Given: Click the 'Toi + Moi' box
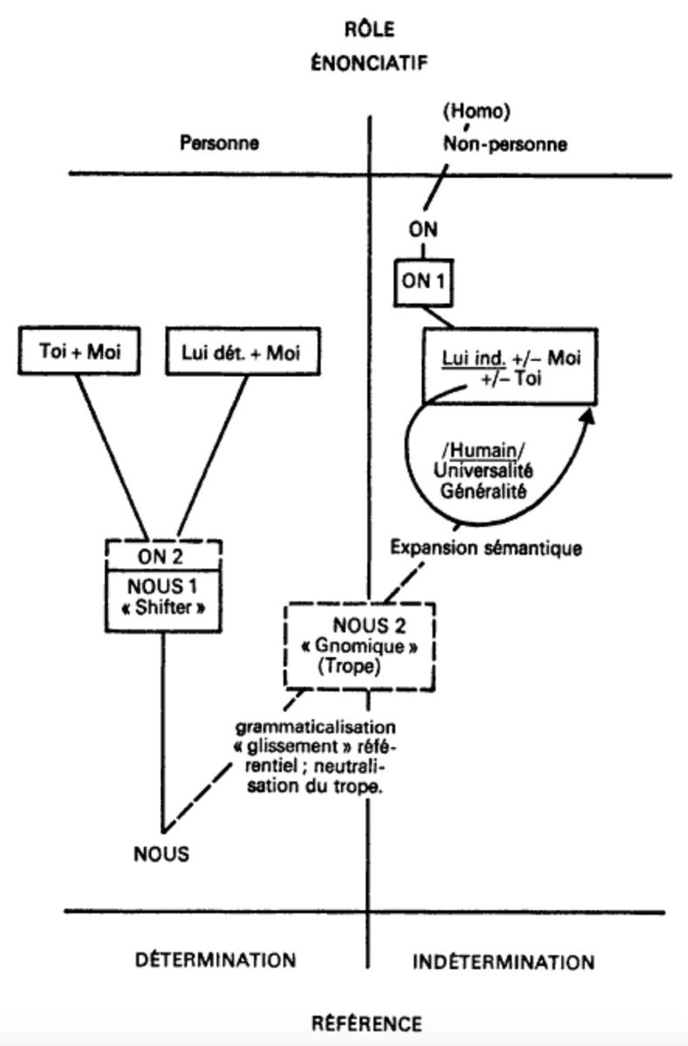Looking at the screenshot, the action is tap(79, 350).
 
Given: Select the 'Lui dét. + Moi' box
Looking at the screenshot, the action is tap(243, 351).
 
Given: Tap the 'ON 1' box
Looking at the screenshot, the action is tap(423, 282).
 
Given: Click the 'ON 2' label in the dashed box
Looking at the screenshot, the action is tap(160, 557).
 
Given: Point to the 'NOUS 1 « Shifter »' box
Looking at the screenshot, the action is tap(163, 600).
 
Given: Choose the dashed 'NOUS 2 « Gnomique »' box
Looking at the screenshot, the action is tap(360, 646).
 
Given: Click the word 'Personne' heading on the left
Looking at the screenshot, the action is tap(219, 143).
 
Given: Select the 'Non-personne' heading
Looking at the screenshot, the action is tap(505, 144).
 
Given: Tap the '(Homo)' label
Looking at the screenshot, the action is tap(476, 112).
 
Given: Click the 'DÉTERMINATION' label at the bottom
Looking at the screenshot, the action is tap(215, 960).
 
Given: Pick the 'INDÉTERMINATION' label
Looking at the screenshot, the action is tap(503, 962).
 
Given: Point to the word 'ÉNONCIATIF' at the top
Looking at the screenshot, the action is tap(369, 63).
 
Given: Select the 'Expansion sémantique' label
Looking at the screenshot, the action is tap(487, 547).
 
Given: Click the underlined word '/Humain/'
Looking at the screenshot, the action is tap(483, 451).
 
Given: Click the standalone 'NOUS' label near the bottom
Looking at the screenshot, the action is tap(161, 854).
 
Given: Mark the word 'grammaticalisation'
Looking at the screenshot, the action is tap(316, 727).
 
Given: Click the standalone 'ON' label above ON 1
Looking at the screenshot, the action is tap(423, 230).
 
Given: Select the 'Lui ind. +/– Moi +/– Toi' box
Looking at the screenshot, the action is tap(510, 366).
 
